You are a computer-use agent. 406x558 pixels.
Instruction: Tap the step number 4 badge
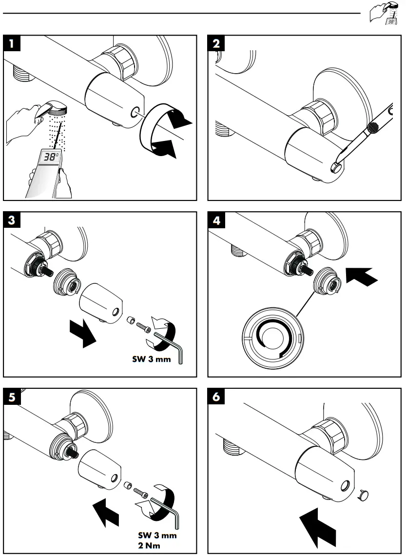click(x=217, y=220)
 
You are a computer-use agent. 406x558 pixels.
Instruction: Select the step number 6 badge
click(x=217, y=397)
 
